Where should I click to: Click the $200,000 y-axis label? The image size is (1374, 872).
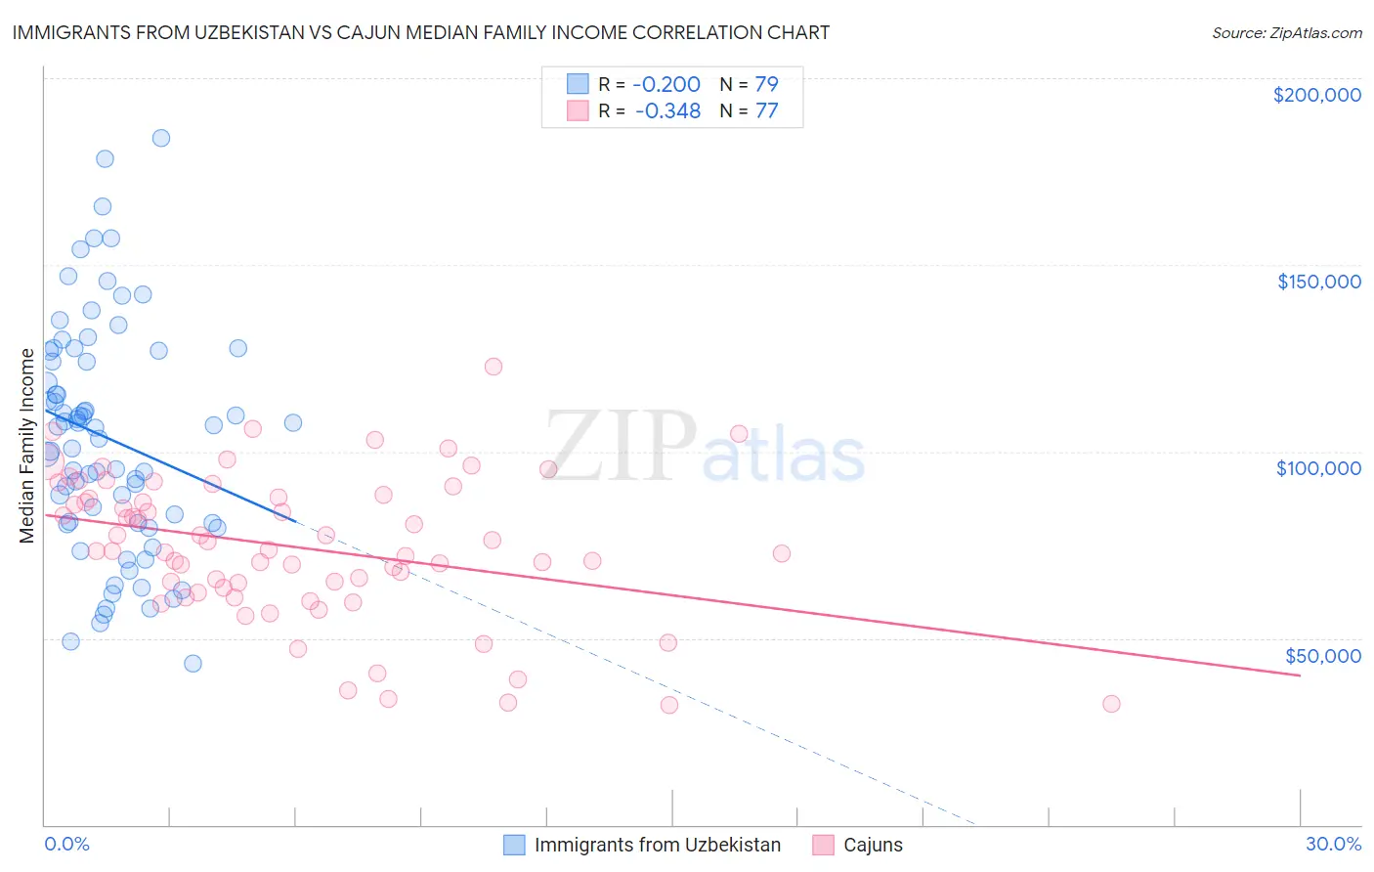click(x=1316, y=95)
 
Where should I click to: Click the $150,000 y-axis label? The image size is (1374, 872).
click(x=1318, y=282)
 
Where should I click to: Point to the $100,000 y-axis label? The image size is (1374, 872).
click(x=1318, y=468)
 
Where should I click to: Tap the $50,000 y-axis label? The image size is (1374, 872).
click(x=1322, y=655)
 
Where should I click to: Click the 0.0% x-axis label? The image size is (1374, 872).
click(x=66, y=844)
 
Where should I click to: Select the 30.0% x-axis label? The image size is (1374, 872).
click(x=1333, y=844)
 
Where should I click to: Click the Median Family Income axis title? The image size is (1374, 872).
click(x=26, y=446)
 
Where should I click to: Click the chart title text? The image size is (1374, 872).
click(x=420, y=33)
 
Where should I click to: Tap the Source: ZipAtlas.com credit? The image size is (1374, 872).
click(x=1286, y=33)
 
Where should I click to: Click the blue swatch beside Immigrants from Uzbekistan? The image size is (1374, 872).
click(x=515, y=845)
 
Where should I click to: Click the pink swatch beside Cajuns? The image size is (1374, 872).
click(x=824, y=845)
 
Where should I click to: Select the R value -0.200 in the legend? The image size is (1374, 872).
click(x=666, y=84)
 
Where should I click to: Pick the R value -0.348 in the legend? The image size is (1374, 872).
click(x=667, y=111)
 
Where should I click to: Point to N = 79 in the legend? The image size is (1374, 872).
click(x=749, y=84)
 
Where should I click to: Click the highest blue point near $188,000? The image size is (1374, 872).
click(x=161, y=138)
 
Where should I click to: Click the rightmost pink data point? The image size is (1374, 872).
click(x=1111, y=704)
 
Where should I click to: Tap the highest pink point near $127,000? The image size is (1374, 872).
click(x=494, y=367)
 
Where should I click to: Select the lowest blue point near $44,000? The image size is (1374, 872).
click(x=193, y=664)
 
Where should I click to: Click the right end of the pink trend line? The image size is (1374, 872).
click(x=1300, y=676)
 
